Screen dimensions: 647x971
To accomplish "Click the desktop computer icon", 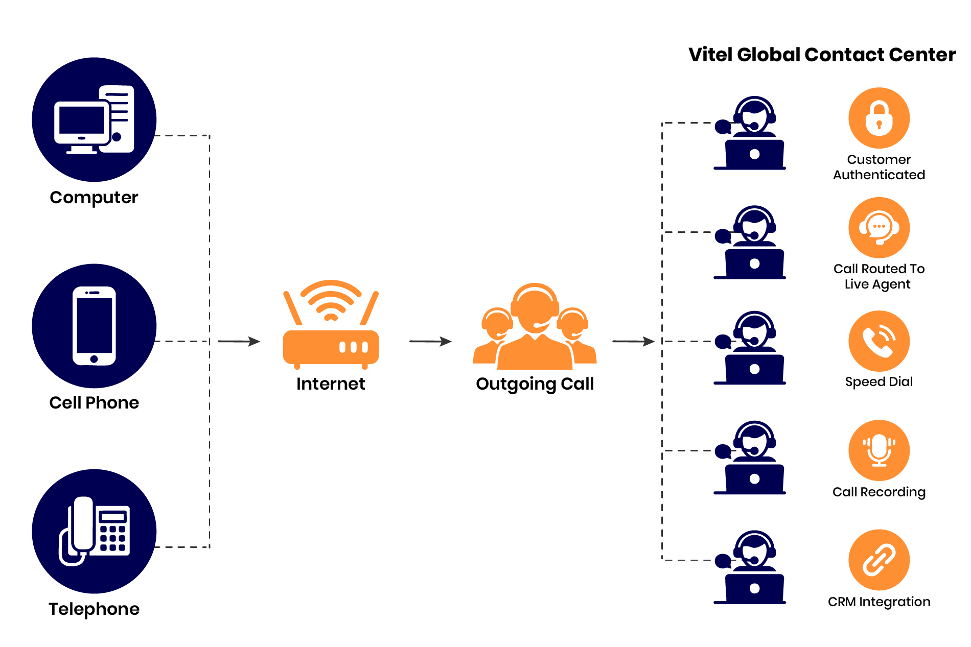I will (x=94, y=120).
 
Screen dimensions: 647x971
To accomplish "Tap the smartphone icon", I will (x=94, y=326).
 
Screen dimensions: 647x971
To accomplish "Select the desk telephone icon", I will (x=94, y=531).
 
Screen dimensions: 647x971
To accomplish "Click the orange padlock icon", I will (x=879, y=118).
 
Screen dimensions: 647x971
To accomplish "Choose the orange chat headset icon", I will (x=879, y=228).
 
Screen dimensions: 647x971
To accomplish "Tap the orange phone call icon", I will (x=879, y=341).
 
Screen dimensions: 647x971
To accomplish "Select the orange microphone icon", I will (x=879, y=450).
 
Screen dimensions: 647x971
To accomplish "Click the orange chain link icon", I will (x=879, y=560).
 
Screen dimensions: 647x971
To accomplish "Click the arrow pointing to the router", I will (x=239, y=341).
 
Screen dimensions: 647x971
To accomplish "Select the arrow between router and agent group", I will (x=431, y=341).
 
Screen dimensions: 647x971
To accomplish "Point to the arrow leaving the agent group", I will (x=634, y=341).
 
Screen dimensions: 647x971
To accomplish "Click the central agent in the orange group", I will (x=535, y=327).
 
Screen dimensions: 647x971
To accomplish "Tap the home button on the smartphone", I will (x=94, y=359).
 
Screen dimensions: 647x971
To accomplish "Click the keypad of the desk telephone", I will (x=113, y=538).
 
